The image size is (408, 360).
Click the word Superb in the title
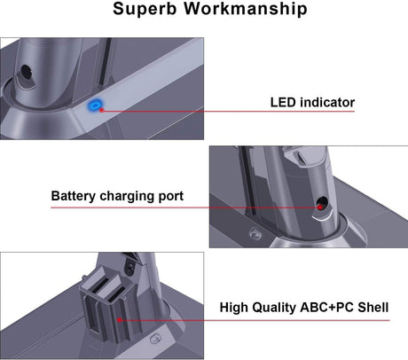(x=148, y=11)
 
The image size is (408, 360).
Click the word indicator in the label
(x=328, y=103)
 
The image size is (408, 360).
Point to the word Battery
(x=75, y=196)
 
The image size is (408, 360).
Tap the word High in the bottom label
(x=237, y=308)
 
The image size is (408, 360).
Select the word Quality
(x=281, y=308)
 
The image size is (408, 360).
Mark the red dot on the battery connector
(x=118, y=318)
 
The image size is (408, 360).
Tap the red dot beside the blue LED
(x=103, y=110)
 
